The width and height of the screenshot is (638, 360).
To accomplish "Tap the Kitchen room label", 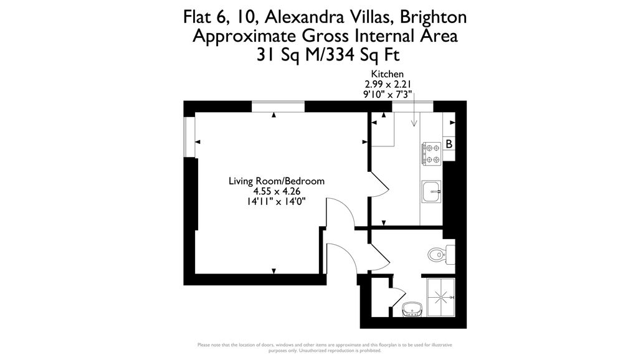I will point(387,74).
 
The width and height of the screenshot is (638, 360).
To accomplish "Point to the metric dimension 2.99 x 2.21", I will point(387,85).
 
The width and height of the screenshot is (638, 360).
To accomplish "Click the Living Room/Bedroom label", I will point(277,181).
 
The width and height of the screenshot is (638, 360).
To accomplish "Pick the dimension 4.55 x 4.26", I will point(277,191).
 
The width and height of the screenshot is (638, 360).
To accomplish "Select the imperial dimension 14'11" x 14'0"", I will point(277,201).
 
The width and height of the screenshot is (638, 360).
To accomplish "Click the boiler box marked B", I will point(449,144).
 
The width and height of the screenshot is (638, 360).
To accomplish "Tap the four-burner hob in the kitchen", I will point(431,154).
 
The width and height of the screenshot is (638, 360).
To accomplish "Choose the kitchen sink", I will point(431,191).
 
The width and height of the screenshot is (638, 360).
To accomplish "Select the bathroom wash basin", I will point(411,308).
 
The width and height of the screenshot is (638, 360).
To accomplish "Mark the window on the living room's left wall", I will point(189,136).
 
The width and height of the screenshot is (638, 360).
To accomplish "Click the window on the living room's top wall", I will point(278,107).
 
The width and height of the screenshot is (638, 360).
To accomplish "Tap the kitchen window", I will point(406,107).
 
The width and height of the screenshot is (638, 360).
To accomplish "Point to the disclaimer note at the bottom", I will point(325,348).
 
